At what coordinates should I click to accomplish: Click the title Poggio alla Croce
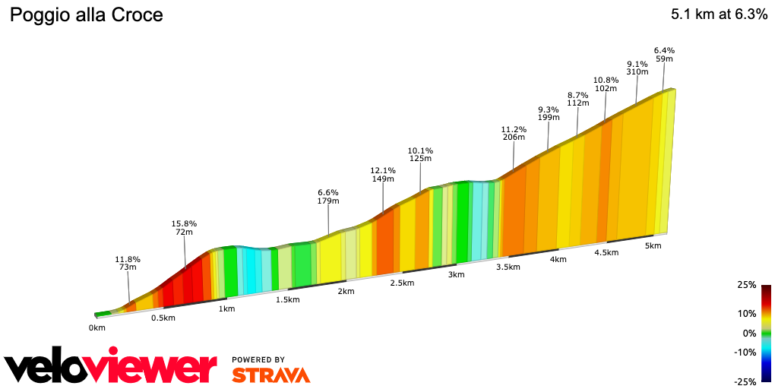tap(86, 15)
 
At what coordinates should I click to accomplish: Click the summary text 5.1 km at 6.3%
tap(719, 15)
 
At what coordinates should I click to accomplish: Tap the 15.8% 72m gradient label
tap(184, 228)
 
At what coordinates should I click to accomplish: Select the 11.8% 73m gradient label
tap(127, 264)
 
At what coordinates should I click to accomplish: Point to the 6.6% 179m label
tap(328, 197)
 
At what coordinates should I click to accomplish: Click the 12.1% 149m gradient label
tap(383, 175)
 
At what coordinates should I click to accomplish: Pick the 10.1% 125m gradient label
tap(420, 154)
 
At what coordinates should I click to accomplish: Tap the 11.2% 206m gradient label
tap(514, 133)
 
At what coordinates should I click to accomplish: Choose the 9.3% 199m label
tap(548, 114)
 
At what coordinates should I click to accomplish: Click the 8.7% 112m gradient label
tap(578, 100)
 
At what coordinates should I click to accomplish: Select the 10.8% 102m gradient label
tap(606, 84)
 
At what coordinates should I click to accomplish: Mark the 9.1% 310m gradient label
tap(637, 68)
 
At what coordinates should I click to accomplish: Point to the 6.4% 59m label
tap(664, 55)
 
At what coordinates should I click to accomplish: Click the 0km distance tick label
tap(96, 328)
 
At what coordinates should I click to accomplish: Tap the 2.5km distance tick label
tap(402, 283)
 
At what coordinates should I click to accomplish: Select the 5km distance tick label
tap(653, 246)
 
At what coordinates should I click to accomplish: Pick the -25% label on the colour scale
tap(746, 381)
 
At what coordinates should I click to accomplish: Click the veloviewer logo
tap(111, 368)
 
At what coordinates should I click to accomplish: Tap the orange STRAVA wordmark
tap(270, 375)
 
